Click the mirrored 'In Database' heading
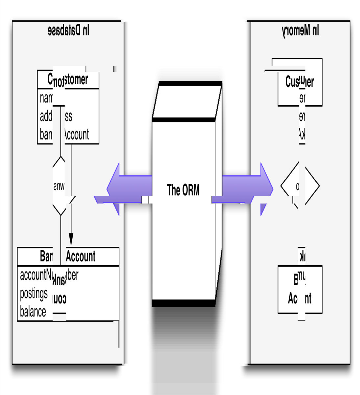(68, 31)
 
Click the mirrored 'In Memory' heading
(300, 31)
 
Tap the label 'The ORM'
(183, 190)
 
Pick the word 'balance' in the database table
(33, 311)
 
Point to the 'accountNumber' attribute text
(49, 275)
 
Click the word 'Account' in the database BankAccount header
(81, 256)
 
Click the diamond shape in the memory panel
(300, 186)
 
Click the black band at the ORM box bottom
(183, 303)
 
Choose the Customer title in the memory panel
(300, 82)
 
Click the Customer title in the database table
(68, 80)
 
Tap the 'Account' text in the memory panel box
(300, 298)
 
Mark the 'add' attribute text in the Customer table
(46, 117)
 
